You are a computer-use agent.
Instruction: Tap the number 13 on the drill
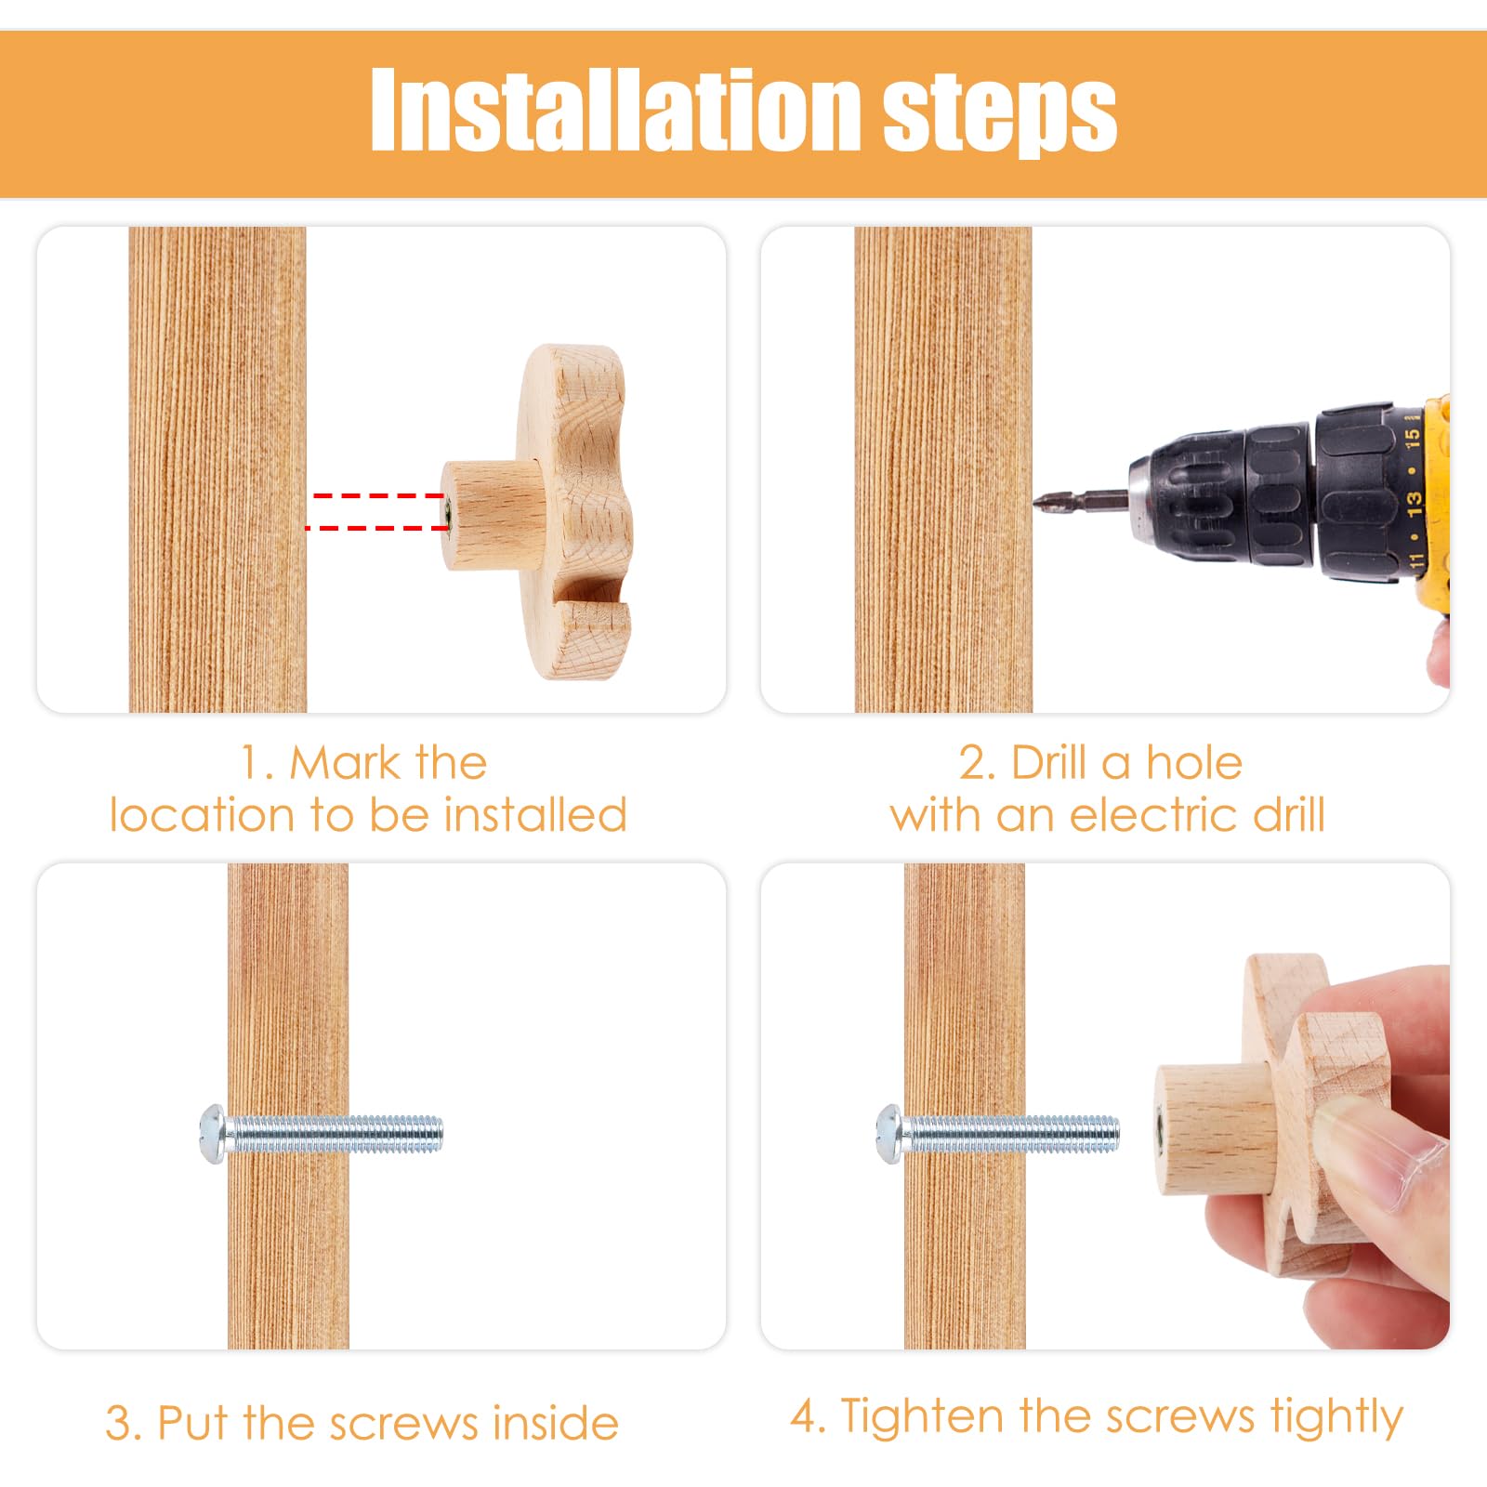click(1414, 502)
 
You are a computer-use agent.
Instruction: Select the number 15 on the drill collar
click(1412, 436)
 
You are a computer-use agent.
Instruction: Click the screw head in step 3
click(211, 1134)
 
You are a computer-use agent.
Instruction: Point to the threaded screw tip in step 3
click(437, 1134)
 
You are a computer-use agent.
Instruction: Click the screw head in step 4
click(888, 1134)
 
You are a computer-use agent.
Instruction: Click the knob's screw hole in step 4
click(1161, 1133)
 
